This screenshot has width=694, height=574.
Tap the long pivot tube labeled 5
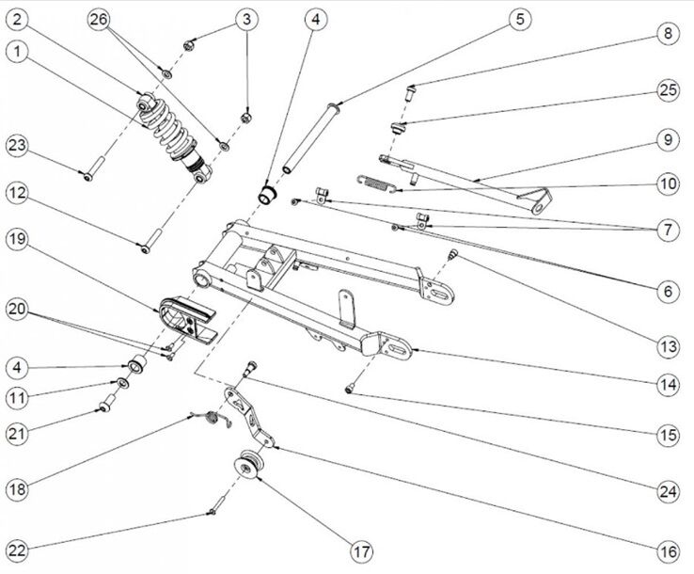[305, 142]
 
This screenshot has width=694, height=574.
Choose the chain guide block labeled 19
[186, 316]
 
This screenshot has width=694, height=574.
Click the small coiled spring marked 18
[217, 419]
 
